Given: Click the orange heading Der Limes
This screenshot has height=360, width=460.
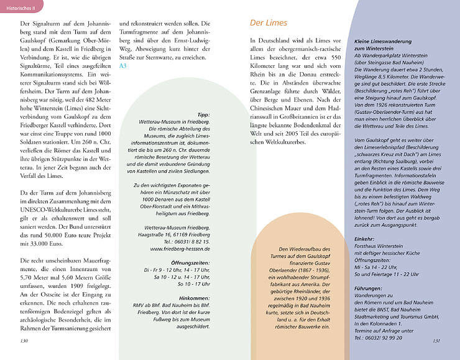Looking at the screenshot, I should tap(269, 23).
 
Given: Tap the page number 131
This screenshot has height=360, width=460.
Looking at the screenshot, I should tap(436, 341).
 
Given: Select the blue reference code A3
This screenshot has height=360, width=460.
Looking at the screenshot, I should tap(123, 65).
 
